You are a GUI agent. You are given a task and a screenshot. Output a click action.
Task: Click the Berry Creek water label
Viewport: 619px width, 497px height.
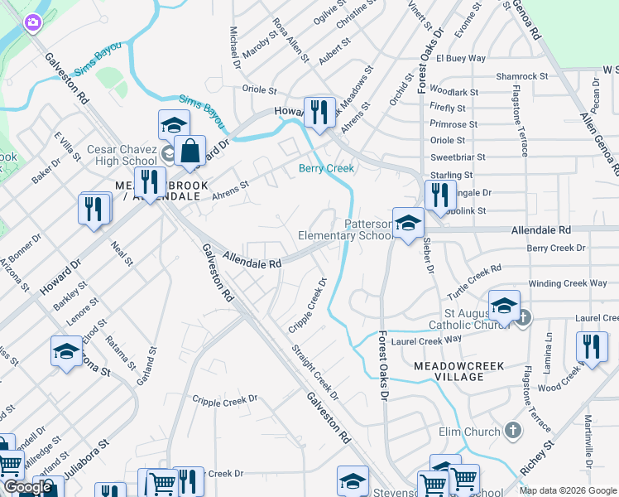point(326,168)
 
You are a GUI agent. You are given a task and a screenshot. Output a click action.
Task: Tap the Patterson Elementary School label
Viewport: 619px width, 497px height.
point(346,229)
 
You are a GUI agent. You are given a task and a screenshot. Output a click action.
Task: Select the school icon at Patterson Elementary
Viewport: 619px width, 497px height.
point(408,223)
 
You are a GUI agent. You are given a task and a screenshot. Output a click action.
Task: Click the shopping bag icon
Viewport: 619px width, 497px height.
point(190,151)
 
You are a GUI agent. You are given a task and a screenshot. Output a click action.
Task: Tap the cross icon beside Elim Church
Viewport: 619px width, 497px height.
point(513,431)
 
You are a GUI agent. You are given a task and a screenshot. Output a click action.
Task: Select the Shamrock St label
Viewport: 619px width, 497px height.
point(521,76)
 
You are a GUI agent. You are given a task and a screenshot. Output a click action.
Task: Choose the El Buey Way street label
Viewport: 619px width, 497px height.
point(460,59)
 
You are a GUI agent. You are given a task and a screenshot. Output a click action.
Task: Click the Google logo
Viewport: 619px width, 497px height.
point(27,487)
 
